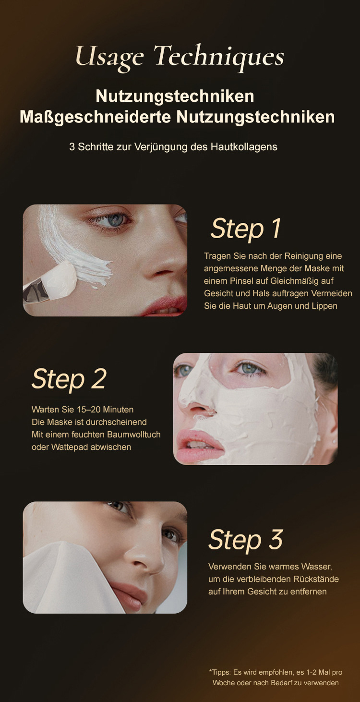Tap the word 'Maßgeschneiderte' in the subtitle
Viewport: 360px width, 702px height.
point(95,117)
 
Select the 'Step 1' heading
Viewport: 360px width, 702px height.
point(245,229)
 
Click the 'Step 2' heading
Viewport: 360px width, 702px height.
point(69,379)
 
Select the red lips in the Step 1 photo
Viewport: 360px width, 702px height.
point(165,306)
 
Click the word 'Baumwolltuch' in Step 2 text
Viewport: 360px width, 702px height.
point(134,435)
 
